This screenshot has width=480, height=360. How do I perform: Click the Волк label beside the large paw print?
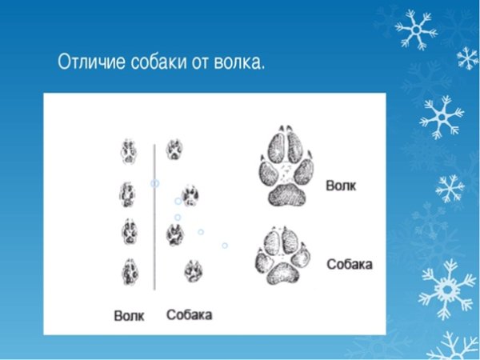pos(341,186)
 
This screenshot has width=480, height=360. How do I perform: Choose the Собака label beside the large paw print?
pos(350,263)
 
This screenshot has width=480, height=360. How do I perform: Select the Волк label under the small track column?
pos(129,315)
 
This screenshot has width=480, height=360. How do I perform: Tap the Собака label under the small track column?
pos(190,314)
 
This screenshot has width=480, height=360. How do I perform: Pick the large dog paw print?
pos(284,256)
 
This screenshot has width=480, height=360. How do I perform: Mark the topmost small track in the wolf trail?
pos(128,150)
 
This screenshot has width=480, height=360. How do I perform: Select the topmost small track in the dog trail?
pos(174,149)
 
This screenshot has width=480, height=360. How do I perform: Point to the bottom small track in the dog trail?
pos(192,270)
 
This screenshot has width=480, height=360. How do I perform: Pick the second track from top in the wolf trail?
pos(127,193)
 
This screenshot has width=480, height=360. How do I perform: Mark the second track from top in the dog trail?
pos(190,194)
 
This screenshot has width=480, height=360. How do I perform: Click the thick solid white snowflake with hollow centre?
pos(446,289)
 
